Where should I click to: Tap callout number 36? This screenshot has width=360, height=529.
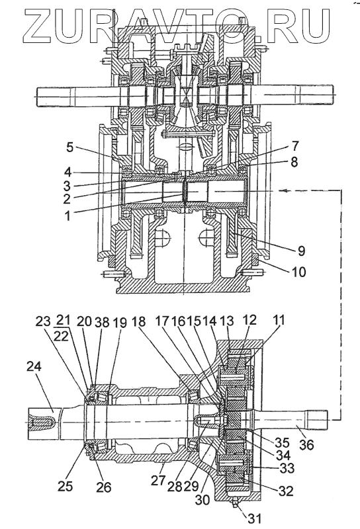(306, 444)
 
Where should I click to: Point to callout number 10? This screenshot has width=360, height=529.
(298, 272)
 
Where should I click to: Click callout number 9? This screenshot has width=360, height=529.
(300, 251)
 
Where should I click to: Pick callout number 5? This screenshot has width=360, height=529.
(69, 147)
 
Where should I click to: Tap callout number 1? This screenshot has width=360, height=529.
(68, 216)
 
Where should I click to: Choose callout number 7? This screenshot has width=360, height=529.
(294, 145)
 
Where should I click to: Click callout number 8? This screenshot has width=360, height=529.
(294, 162)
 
